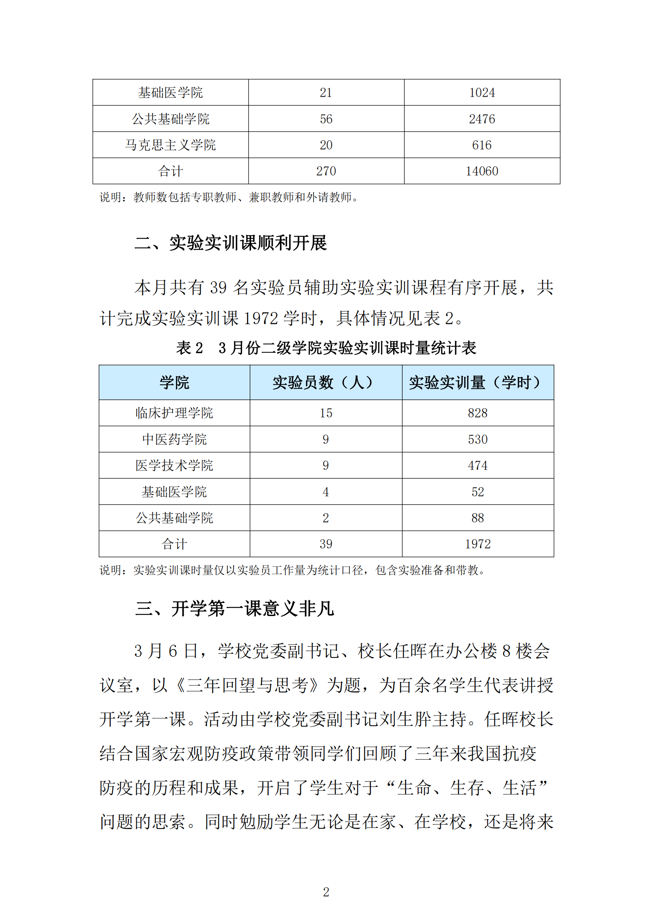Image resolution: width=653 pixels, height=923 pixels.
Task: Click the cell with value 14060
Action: tap(482, 171)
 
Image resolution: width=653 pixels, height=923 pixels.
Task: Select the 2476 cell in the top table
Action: tap(482, 119)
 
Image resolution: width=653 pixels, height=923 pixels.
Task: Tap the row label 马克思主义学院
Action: tap(171, 145)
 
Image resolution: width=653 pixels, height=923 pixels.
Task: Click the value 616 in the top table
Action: tap(482, 145)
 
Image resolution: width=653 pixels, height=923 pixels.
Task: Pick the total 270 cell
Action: tap(326, 171)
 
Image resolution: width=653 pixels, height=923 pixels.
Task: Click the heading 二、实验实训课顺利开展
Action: tap(231, 243)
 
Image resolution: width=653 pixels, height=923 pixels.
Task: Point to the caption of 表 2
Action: tap(326, 348)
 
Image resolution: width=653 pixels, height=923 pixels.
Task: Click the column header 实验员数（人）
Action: tap(326, 382)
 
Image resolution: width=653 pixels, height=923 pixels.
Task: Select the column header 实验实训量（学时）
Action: tap(478, 382)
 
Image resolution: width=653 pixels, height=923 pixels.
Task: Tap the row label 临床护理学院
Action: tap(174, 413)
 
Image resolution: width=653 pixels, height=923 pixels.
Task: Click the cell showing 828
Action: tap(478, 413)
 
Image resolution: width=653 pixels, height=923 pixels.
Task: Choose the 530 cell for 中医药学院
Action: tap(478, 439)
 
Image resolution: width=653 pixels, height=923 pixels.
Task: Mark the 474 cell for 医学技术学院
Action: tap(478, 466)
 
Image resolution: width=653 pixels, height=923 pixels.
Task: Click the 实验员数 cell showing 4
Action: tap(326, 492)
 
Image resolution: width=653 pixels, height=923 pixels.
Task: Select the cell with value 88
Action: tap(478, 518)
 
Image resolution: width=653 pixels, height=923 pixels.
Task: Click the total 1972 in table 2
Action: tap(478, 544)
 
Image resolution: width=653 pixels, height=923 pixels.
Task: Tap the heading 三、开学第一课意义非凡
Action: tap(235, 608)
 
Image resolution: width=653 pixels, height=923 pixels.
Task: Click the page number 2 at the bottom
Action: tap(326, 892)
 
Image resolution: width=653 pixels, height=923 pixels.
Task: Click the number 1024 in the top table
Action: tap(482, 93)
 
